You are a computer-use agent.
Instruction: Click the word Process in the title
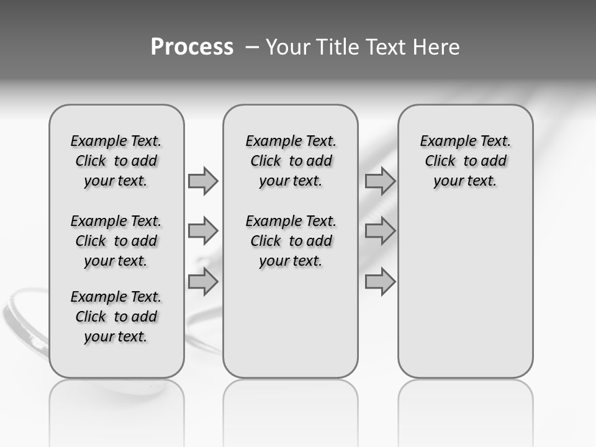(x=192, y=47)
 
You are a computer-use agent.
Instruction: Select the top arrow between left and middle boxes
(x=203, y=181)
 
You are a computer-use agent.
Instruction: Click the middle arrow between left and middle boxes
(x=203, y=231)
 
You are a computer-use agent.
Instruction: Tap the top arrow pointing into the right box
(x=380, y=181)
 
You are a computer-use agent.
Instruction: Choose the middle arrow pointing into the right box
(x=380, y=231)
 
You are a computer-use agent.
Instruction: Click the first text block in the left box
(x=116, y=161)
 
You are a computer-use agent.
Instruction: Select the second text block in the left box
(x=116, y=241)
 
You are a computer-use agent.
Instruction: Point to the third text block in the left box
(x=116, y=317)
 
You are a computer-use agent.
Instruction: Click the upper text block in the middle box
(x=291, y=161)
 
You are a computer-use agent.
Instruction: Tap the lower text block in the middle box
(x=291, y=241)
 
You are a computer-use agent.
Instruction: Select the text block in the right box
(x=465, y=161)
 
